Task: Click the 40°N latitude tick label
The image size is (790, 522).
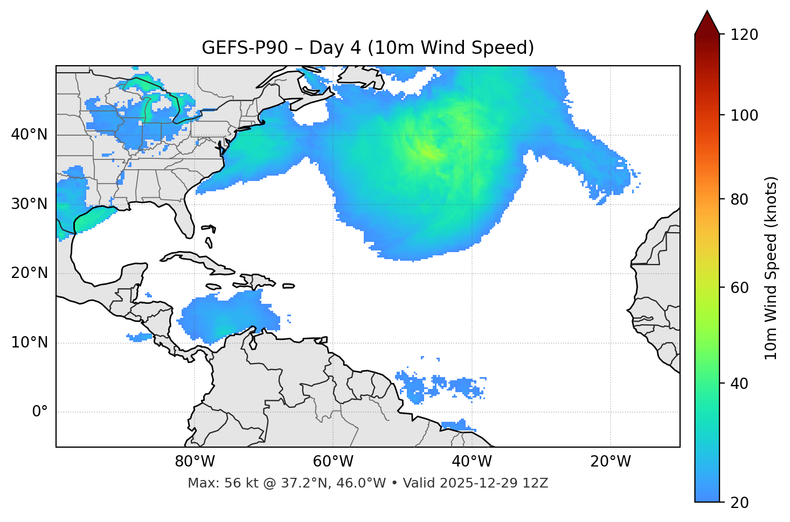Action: tap(29, 135)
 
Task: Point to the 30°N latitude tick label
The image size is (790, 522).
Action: tap(29, 204)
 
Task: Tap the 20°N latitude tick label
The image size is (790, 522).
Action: tap(29, 273)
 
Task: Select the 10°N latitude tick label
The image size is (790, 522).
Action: tap(29, 343)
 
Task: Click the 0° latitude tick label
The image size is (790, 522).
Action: tap(39, 412)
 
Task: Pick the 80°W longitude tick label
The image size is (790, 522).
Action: tap(195, 462)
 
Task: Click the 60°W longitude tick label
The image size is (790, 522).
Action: tap(333, 462)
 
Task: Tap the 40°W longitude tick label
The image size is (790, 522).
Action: tap(472, 462)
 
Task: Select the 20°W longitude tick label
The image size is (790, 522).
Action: tap(611, 462)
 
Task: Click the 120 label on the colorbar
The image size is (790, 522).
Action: tap(744, 35)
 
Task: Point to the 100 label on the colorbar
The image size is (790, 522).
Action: tap(744, 115)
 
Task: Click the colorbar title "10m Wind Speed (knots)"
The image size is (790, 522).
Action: tap(771, 268)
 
